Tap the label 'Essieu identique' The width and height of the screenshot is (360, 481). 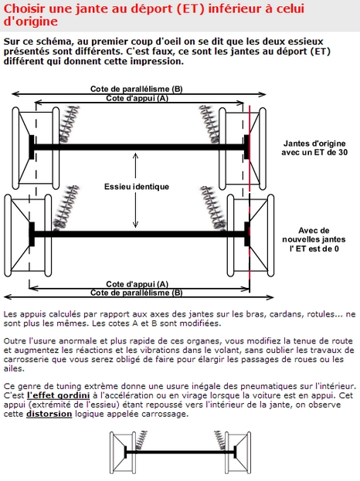(x=137, y=187)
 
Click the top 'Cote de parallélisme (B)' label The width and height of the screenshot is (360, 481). (x=136, y=89)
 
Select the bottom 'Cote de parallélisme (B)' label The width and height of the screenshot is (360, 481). (x=136, y=293)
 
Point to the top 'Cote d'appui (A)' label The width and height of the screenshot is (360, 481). (x=138, y=98)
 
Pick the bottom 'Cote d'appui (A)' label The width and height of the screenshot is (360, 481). (x=138, y=284)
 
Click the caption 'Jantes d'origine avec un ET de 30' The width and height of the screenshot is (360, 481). (x=314, y=148)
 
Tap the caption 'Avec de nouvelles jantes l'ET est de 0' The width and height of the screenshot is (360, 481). (x=314, y=239)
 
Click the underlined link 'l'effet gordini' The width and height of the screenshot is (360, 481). (x=58, y=395)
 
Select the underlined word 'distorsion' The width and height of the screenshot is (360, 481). (x=49, y=414)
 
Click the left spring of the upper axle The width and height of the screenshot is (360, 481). (x=69, y=124)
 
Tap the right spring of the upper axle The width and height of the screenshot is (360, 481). (x=209, y=124)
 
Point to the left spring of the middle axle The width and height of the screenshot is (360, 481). (x=66, y=208)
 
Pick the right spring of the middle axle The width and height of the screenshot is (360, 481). (x=213, y=208)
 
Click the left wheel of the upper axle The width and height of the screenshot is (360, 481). (x=36, y=148)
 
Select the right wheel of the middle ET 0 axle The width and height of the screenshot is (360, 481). (x=250, y=235)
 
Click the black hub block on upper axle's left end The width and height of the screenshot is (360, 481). (x=32, y=147)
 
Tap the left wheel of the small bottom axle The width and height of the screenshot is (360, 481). (x=123, y=452)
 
